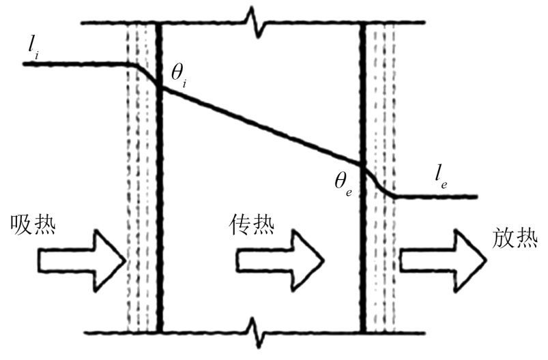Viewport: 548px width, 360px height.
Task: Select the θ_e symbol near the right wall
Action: click(339, 183)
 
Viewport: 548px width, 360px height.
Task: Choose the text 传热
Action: click(252, 224)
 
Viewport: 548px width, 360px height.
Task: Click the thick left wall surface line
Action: click(159, 205)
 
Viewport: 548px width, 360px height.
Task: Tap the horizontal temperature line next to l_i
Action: click(75, 63)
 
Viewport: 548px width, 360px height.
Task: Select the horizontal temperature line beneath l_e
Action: click(437, 197)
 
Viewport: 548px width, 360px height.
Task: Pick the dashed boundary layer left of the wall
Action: click(141, 205)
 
